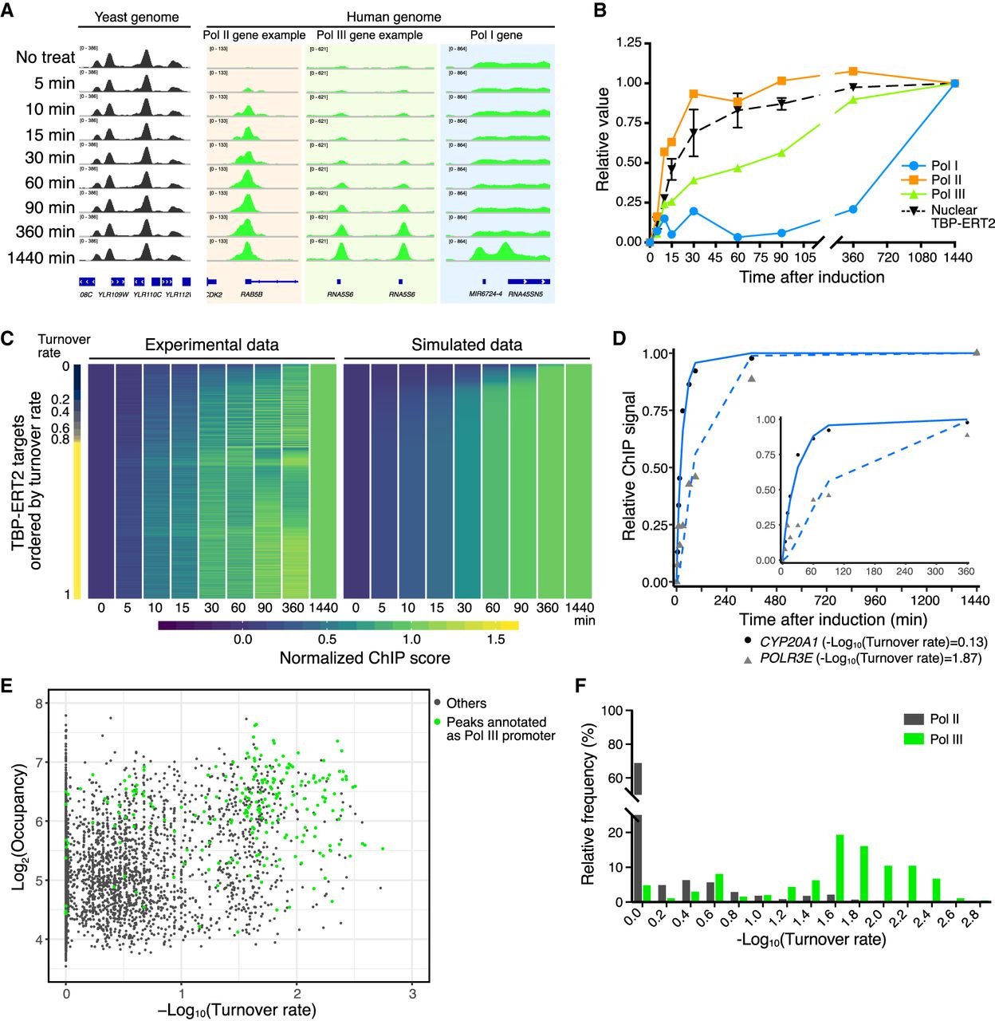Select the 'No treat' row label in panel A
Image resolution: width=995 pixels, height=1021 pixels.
[45, 57]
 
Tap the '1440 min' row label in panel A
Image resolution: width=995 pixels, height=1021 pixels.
[41, 258]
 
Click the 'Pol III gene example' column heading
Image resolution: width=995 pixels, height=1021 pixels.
[369, 35]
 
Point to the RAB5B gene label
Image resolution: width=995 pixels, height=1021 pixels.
[252, 294]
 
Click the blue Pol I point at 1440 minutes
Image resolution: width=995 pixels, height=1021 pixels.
[954, 84]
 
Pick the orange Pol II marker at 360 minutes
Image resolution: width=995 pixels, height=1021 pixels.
[853, 72]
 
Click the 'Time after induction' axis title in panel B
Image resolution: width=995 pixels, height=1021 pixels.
[811, 278]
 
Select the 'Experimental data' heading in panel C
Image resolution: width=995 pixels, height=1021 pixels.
[211, 345]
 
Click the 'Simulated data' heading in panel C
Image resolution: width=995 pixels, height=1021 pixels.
[466, 345]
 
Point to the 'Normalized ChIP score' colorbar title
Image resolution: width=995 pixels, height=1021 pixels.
[364, 658]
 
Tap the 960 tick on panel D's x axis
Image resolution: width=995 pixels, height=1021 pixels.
[874, 601]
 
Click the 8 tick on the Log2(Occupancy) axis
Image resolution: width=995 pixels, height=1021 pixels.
[37, 704]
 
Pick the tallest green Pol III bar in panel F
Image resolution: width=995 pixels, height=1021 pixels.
[840, 868]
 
